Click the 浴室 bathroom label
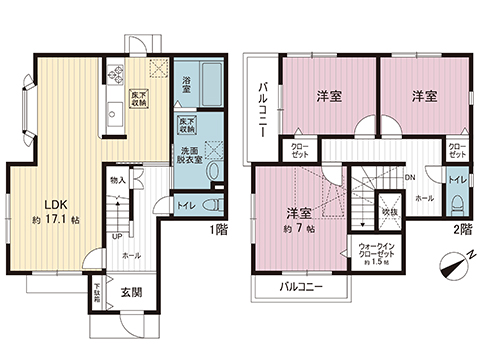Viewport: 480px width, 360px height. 188,85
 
